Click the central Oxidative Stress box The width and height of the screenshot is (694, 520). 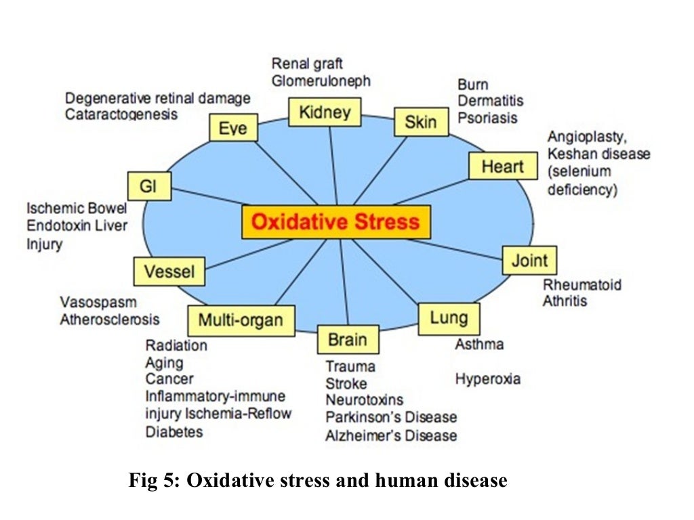click(x=336, y=222)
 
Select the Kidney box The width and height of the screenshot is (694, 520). click(x=325, y=112)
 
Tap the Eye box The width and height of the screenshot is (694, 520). click(x=233, y=127)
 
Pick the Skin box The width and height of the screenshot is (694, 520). click(x=421, y=123)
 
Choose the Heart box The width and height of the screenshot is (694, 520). click(x=502, y=166)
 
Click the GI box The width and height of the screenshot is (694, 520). click(x=148, y=186)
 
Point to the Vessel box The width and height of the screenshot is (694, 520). click(x=169, y=272)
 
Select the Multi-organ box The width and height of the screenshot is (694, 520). click(x=241, y=320)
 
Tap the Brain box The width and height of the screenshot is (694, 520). click(x=348, y=339)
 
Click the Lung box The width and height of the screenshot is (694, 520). click(x=449, y=318)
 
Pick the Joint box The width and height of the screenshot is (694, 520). click(x=529, y=261)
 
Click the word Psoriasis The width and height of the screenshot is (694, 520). click(x=487, y=118)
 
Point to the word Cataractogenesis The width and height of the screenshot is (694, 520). click(x=122, y=114)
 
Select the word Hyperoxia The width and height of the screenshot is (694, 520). click(x=488, y=378)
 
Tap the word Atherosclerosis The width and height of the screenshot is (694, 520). click(x=110, y=319)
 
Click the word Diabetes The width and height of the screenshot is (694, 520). click(x=174, y=431)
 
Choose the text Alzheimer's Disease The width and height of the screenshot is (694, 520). click(x=391, y=435)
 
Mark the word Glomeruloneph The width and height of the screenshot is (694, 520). click(x=321, y=81)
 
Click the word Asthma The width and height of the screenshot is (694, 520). click(x=479, y=344)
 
